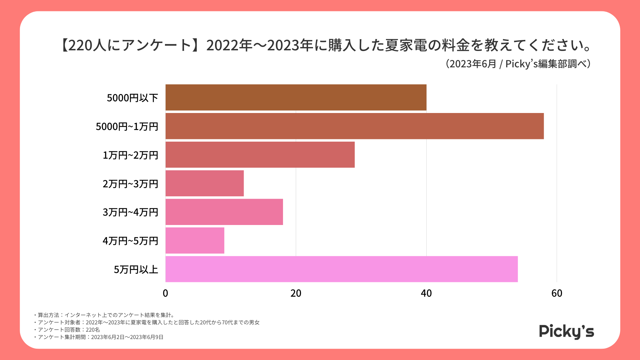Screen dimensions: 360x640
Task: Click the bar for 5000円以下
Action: (x=296, y=97)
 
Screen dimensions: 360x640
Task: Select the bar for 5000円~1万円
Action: (x=355, y=126)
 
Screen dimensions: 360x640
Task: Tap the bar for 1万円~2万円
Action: (x=260, y=155)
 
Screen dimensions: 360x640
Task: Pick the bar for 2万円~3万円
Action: (x=205, y=183)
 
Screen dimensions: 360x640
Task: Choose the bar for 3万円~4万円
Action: (x=224, y=212)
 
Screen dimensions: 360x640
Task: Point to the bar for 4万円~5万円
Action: (x=195, y=241)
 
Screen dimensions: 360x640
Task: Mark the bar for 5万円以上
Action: (x=342, y=269)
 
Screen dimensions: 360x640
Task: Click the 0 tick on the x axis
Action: (x=165, y=293)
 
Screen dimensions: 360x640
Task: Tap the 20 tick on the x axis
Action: (x=296, y=293)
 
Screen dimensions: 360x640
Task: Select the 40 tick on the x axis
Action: (x=426, y=293)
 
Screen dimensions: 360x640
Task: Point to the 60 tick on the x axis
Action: (x=557, y=293)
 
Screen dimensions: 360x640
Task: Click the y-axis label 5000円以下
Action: (x=132, y=98)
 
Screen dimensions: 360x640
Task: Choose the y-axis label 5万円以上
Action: (x=136, y=269)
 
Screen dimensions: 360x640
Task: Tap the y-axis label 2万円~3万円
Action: (x=130, y=184)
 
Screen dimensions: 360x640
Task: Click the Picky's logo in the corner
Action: (x=566, y=331)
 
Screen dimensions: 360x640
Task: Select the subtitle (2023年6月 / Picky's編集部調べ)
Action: (x=518, y=64)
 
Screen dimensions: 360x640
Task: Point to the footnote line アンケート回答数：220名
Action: (x=69, y=330)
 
